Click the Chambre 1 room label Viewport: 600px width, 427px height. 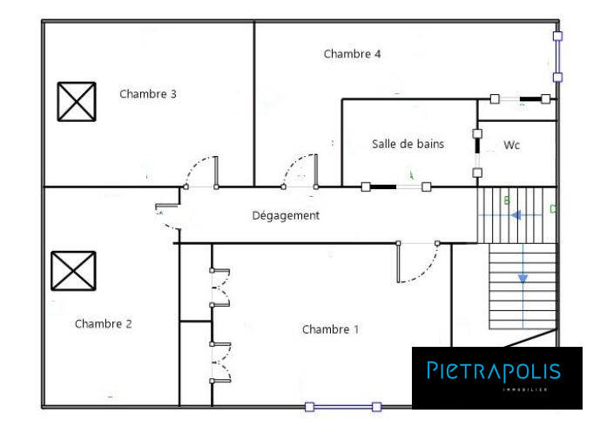(x=330, y=329)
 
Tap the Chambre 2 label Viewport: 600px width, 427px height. (x=103, y=324)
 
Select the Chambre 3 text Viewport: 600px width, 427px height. (x=148, y=94)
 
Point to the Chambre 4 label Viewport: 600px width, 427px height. (x=352, y=54)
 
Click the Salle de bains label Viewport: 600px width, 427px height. (x=408, y=144)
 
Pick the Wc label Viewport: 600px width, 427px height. (x=512, y=146)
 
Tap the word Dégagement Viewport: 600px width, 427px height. (x=286, y=215)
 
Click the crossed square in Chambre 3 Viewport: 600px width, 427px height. (x=77, y=101)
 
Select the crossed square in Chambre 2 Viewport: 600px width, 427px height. (x=73, y=270)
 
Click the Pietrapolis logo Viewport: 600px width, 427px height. (x=494, y=372)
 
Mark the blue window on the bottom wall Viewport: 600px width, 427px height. (x=342, y=406)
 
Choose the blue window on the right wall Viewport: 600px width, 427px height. (x=557, y=56)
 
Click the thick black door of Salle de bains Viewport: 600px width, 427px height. (x=396, y=186)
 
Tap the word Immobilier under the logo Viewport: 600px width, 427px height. (x=525, y=390)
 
